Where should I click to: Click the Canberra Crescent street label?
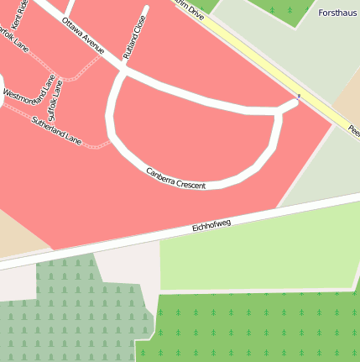click(175, 178)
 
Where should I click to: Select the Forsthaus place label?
click(338, 13)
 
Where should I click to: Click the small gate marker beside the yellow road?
click(298, 97)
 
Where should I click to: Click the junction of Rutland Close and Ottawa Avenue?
click(123, 73)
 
